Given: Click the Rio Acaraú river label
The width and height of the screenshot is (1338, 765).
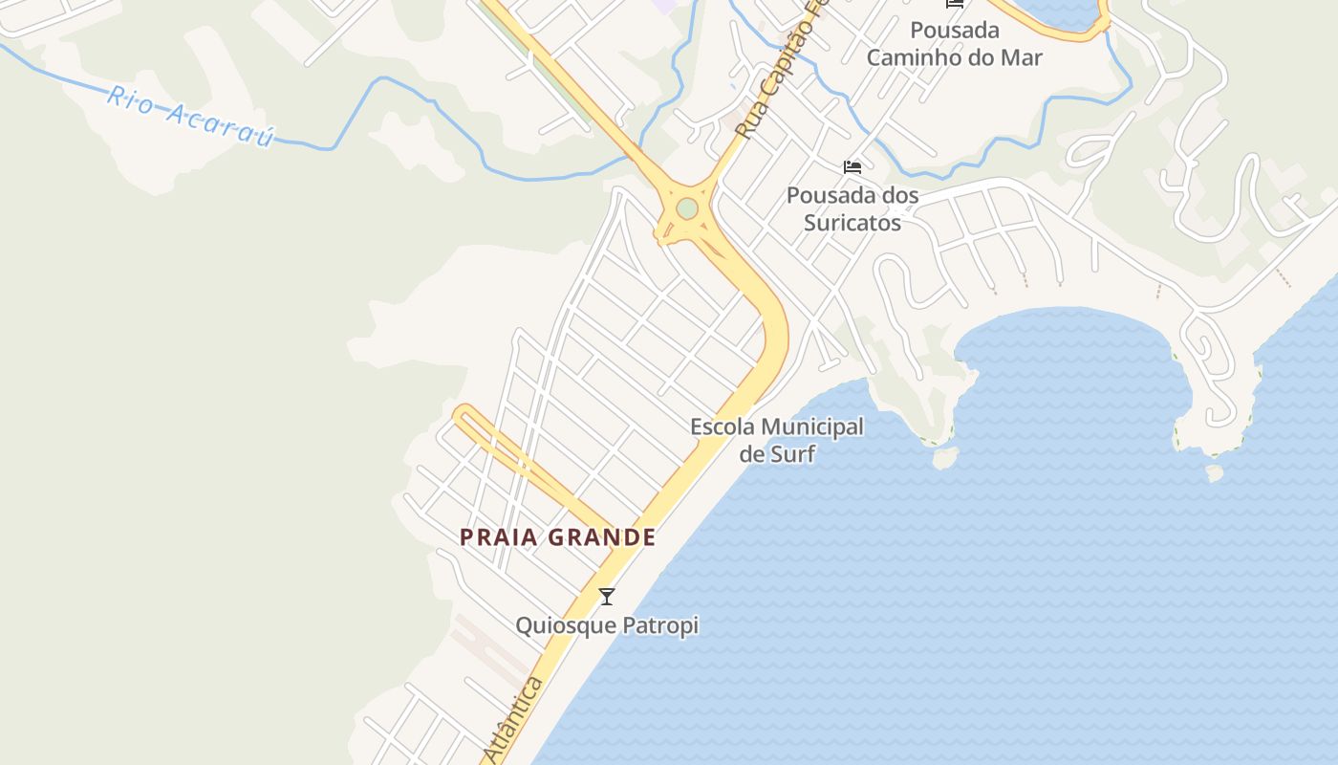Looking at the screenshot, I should click(x=191, y=116).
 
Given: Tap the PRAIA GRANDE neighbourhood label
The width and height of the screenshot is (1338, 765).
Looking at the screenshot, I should click(x=557, y=537).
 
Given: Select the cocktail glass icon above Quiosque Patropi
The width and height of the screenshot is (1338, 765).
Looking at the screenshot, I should click(x=606, y=597).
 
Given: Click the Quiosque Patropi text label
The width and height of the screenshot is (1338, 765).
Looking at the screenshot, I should click(x=607, y=626).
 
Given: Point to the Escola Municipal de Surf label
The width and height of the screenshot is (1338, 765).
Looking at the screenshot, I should click(x=776, y=440).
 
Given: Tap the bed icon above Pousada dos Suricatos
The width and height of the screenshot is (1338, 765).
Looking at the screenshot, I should click(x=852, y=167).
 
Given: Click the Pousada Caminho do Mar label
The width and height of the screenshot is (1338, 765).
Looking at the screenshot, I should click(x=954, y=44).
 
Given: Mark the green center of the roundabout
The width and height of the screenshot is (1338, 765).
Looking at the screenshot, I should click(x=686, y=208).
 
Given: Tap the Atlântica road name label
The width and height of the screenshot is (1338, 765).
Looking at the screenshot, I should click(x=513, y=719).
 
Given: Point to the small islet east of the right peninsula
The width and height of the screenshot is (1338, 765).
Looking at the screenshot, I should click(x=1215, y=472).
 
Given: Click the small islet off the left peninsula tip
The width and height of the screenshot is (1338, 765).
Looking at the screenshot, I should click(x=945, y=459).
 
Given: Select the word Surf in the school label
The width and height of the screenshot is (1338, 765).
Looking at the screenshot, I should click(x=790, y=453).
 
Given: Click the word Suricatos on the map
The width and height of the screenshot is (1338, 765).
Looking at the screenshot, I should click(x=852, y=223).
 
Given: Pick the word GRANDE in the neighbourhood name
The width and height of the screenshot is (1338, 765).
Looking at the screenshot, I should click(x=601, y=537).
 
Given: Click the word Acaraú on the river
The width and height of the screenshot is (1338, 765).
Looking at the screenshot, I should click(x=221, y=123).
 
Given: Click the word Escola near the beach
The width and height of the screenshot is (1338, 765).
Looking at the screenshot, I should click(x=722, y=426).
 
